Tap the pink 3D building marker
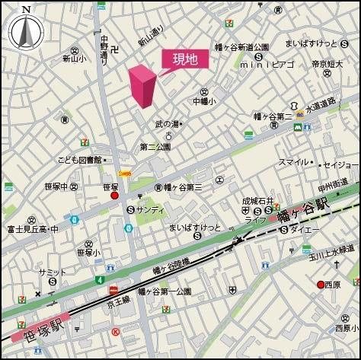pos(142,86)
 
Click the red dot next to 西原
pos(321,285)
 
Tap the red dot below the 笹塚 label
pos(115,196)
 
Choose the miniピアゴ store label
pos(267,65)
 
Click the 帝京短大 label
pos(329,65)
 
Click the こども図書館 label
pos(80,160)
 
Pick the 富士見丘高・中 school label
pos(33,228)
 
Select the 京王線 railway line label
pos(121,303)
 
